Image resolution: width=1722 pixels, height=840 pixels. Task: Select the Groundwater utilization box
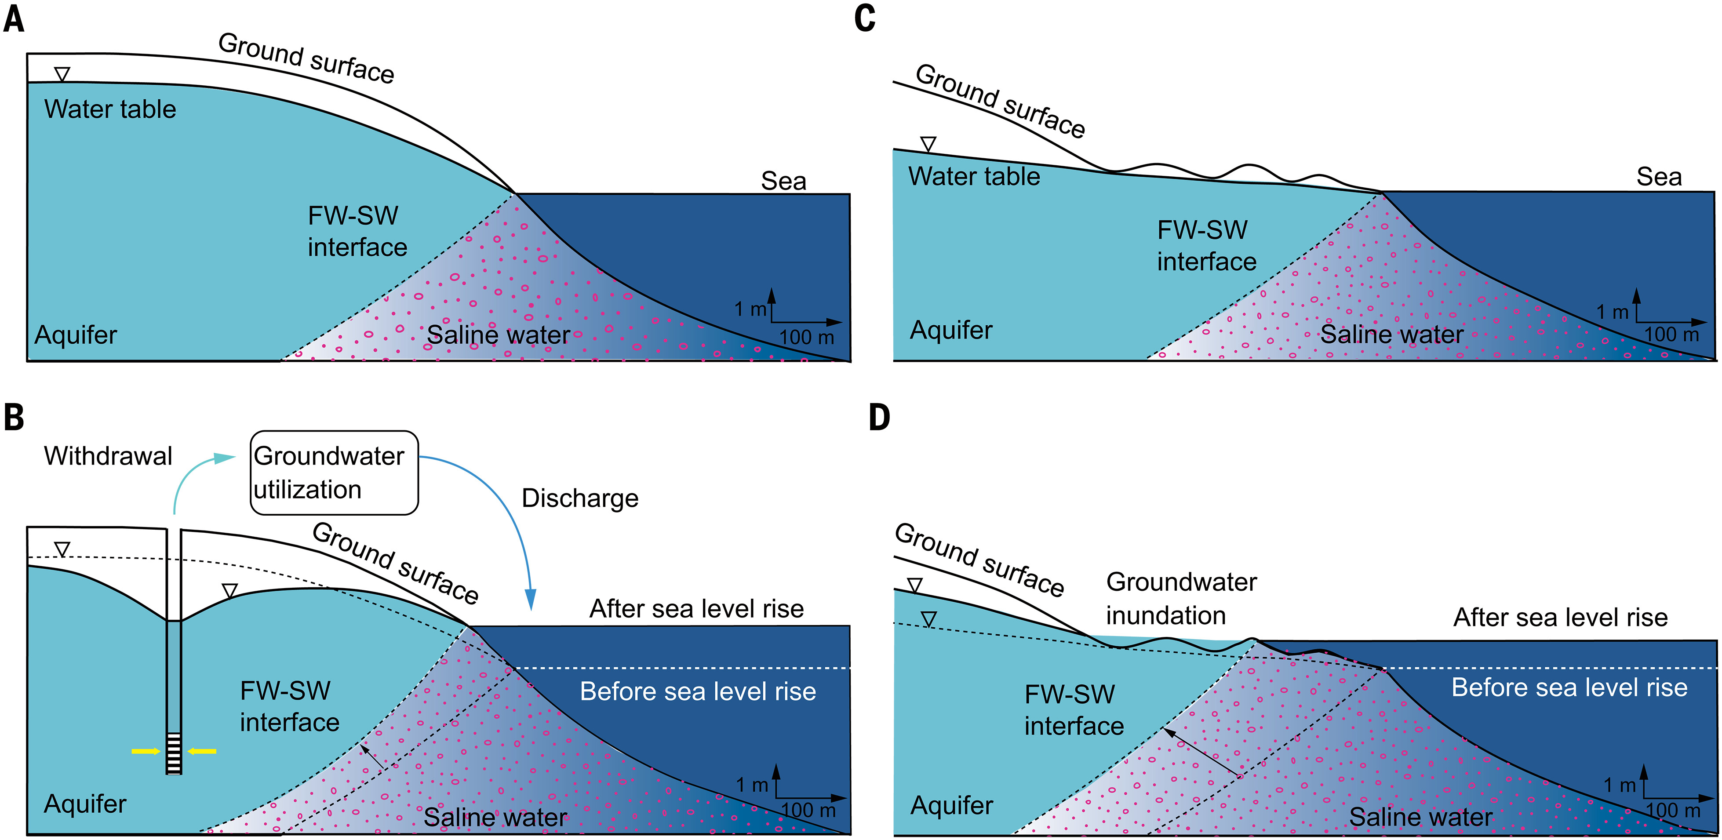pyautogui.click(x=334, y=473)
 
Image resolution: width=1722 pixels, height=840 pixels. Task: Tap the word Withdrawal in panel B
pyautogui.click(x=108, y=456)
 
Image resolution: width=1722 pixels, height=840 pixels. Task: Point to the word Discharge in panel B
pyautogui.click(x=579, y=498)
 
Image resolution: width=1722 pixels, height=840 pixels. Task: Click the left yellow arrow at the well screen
pyautogui.click(x=146, y=751)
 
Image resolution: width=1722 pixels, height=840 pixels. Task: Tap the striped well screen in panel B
pyautogui.click(x=174, y=753)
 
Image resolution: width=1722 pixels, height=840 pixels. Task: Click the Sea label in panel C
pyautogui.click(x=1659, y=177)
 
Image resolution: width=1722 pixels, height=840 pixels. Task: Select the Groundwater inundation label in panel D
pyautogui.click(x=1181, y=598)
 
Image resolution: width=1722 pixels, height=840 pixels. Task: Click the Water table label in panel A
pyautogui.click(x=110, y=109)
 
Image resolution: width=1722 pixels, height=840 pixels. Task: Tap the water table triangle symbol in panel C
pyautogui.click(x=928, y=144)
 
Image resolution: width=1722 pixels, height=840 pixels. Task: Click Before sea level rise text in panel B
pyautogui.click(x=698, y=691)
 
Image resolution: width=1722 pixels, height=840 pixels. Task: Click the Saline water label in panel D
pyautogui.click(x=1420, y=817)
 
